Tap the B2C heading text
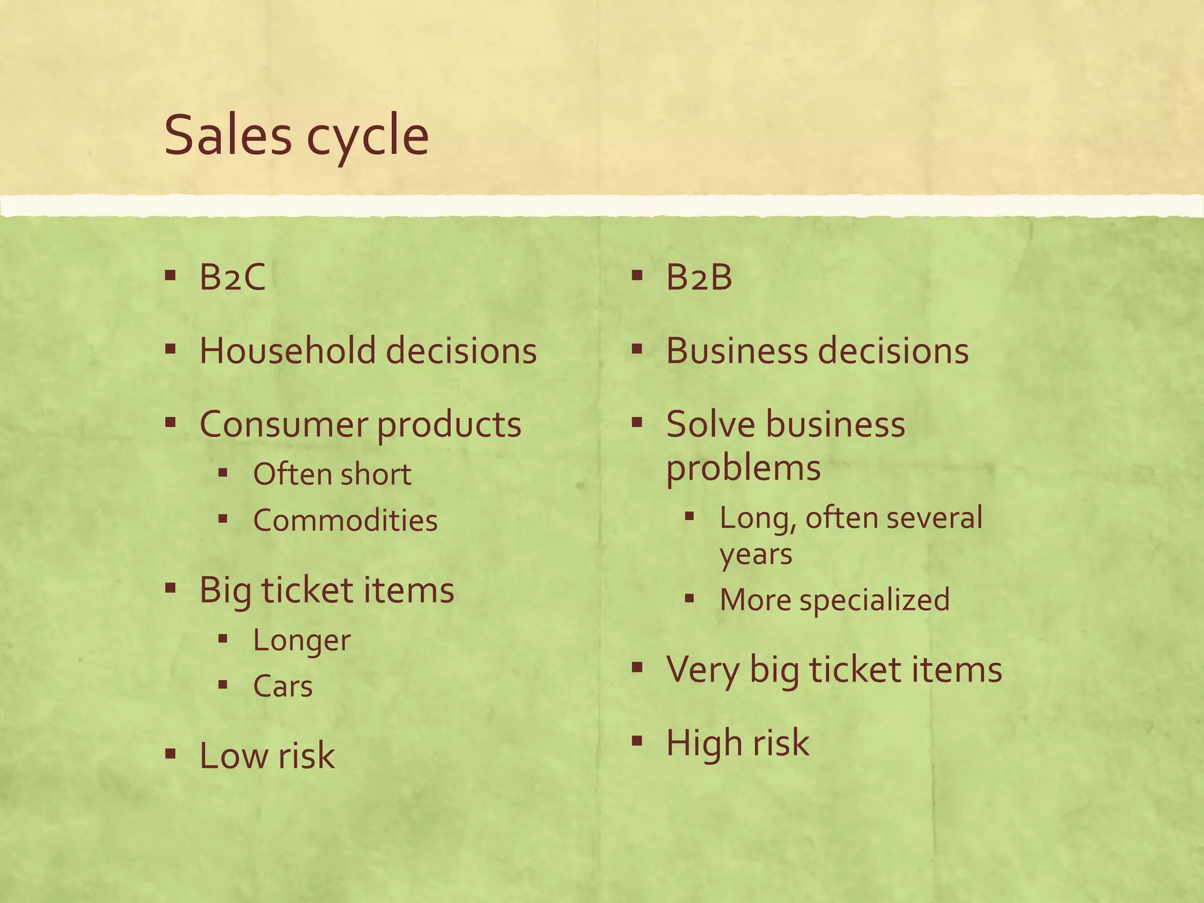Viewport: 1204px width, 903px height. coord(232,277)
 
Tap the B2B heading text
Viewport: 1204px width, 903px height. coord(699,277)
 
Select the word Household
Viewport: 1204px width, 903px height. coord(287,350)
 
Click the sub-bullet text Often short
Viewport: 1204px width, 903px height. coord(332,474)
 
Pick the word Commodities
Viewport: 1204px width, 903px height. coord(345,520)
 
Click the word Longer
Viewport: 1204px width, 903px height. coord(302,640)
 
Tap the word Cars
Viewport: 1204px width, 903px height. coord(283,686)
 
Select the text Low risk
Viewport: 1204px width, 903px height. coord(267,755)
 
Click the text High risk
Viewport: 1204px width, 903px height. coord(738,742)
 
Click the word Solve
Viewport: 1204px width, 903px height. coord(710,424)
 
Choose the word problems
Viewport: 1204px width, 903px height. coord(743,469)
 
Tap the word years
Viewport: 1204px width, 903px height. coord(755,554)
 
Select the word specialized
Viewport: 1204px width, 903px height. coord(874,600)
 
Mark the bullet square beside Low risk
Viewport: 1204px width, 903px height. coord(170,753)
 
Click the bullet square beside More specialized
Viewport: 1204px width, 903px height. coord(690,599)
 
